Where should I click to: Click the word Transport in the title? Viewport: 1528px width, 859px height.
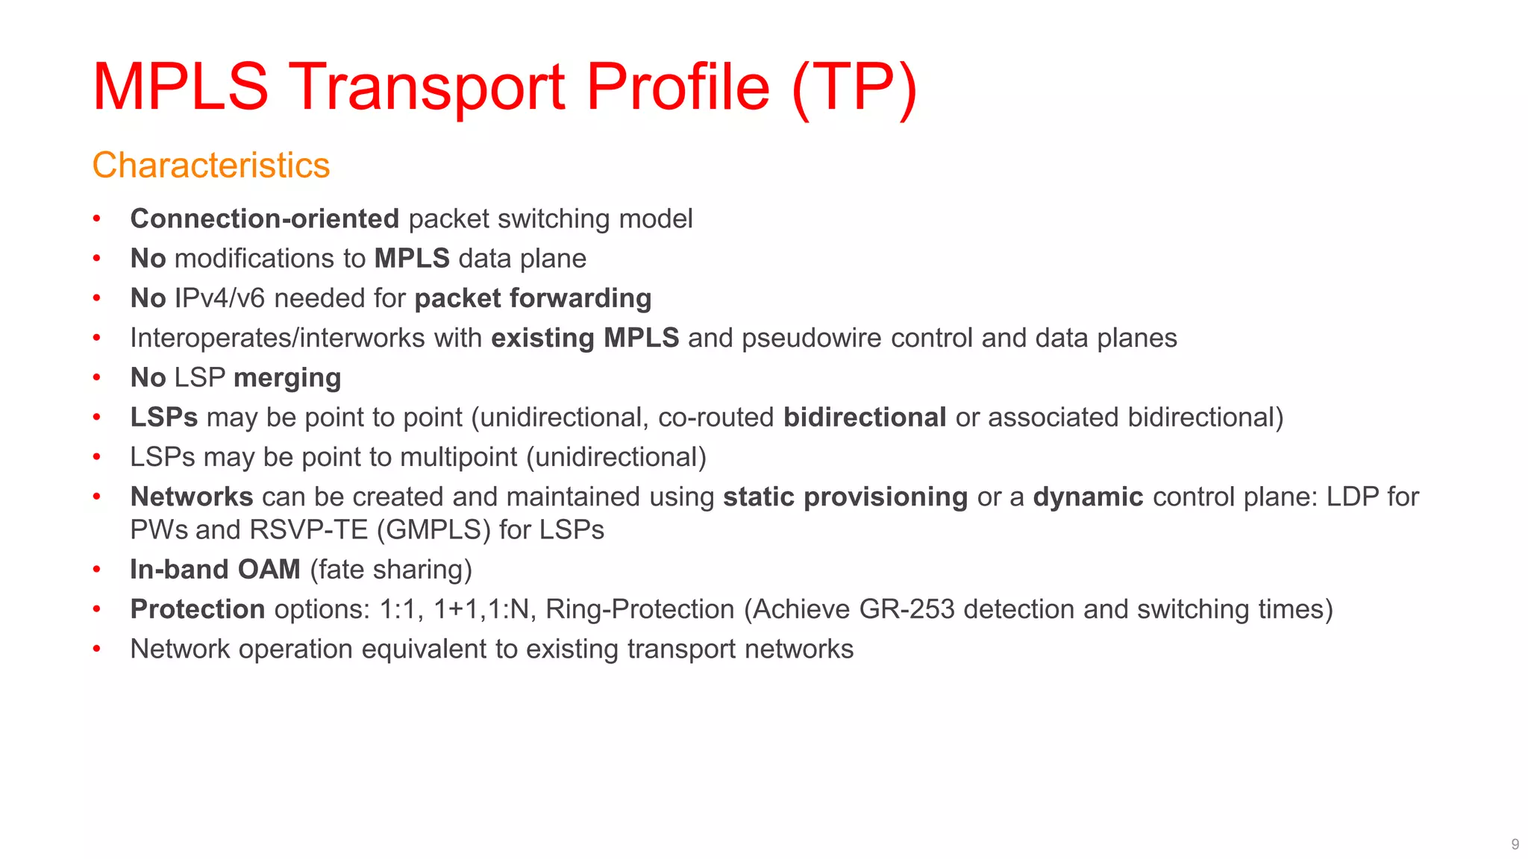coord(427,88)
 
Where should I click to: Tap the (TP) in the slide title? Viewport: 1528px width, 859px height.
coord(854,88)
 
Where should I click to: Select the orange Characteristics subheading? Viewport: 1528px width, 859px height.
coord(210,165)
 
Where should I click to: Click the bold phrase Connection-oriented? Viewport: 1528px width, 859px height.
coord(265,218)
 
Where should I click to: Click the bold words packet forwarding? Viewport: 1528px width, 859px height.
coord(533,298)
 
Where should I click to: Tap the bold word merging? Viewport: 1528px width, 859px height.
coord(287,378)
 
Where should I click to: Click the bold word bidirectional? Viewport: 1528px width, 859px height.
coord(865,418)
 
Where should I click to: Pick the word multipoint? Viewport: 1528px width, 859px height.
coord(458,457)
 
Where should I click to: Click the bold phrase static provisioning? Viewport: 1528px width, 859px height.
coord(845,497)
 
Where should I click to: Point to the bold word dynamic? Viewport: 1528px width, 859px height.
coord(1088,497)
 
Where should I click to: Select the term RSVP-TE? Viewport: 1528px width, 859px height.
coord(309,529)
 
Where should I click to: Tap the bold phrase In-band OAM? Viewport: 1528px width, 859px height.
coord(215,570)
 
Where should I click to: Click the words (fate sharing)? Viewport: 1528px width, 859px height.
coord(391,570)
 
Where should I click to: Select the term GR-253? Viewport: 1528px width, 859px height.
coord(907,609)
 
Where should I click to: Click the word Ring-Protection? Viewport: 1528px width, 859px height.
coord(639,609)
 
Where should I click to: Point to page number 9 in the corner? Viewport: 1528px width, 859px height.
coord(1515,844)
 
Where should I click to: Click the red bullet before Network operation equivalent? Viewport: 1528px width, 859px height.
coord(96,649)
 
